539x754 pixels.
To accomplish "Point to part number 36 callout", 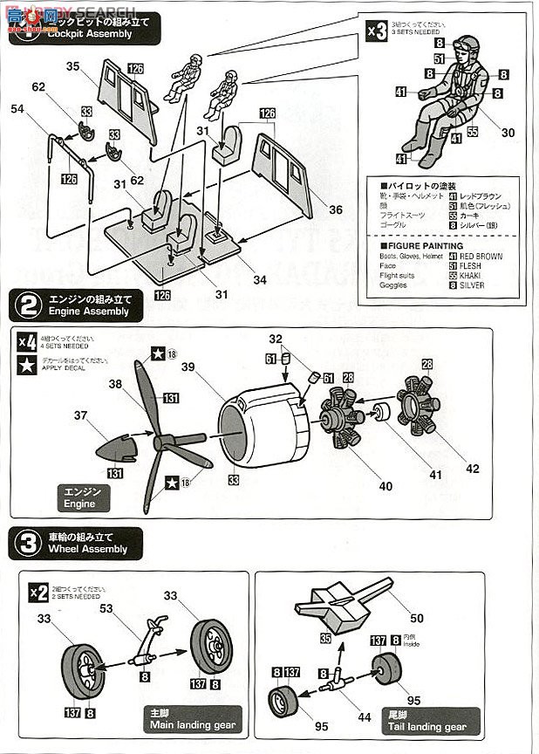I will point(336,209).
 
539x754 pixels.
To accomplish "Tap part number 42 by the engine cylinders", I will point(472,469).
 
